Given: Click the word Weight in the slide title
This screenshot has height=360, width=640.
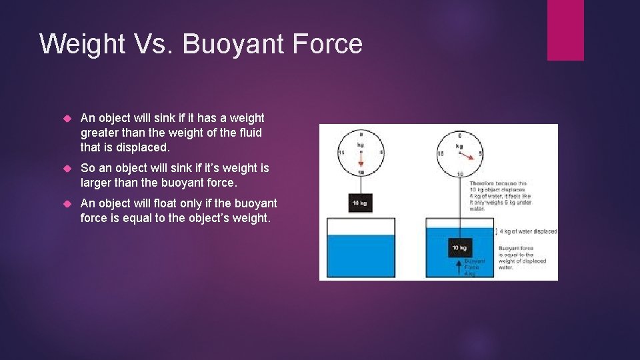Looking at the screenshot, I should tap(81, 44).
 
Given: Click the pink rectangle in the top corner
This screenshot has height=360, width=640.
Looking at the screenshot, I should tap(565, 29).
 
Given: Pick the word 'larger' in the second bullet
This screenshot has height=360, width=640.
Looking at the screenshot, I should tap(97, 182).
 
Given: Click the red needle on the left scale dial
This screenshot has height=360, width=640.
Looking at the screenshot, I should tap(361, 159).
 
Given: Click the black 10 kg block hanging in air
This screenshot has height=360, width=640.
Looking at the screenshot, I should tap(360, 203).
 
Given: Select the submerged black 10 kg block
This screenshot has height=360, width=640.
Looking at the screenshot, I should tap(459, 247).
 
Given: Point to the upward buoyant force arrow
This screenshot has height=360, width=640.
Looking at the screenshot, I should tap(459, 267).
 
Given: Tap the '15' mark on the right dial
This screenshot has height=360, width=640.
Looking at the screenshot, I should tap(441, 154).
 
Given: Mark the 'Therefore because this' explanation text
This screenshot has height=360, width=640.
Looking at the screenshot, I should tap(497, 183).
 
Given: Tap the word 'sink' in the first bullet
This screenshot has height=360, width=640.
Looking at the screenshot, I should tap(164, 118).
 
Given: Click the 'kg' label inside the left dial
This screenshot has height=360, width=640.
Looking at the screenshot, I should tap(361, 144).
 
